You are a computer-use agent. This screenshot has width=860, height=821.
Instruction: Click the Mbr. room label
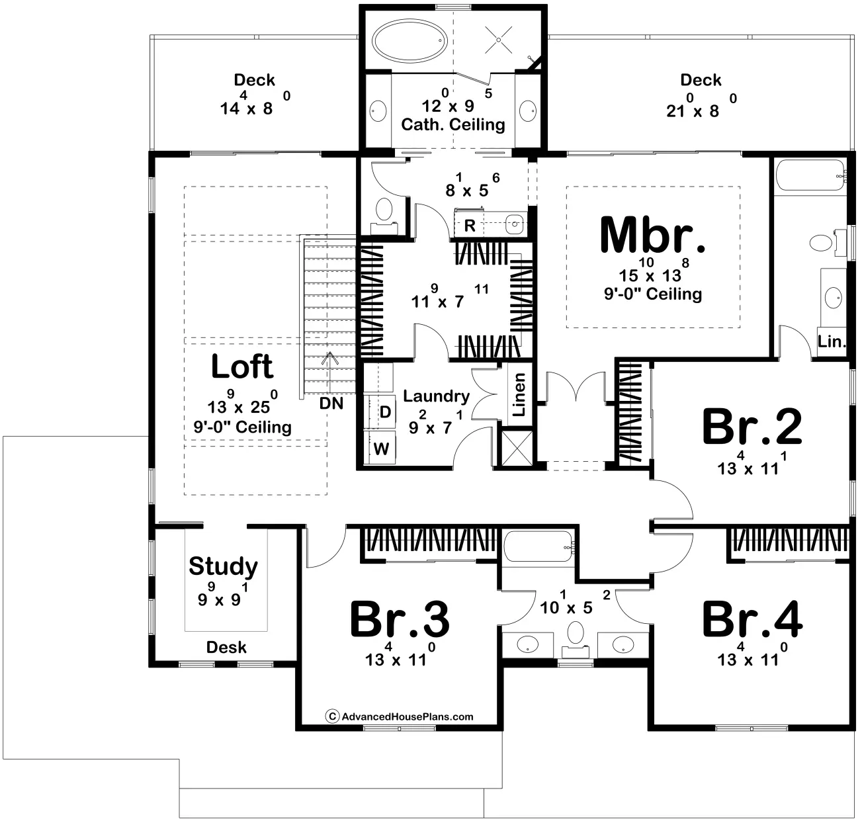pos(652,235)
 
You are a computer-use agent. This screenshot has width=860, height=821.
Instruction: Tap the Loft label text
pos(241,367)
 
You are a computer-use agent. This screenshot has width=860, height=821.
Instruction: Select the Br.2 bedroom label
pos(752,427)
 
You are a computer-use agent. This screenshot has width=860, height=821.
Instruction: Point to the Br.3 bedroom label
pos(400,619)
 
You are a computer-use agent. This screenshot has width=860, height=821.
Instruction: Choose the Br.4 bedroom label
pos(752,619)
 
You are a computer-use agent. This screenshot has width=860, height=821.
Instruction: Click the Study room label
pos(223,566)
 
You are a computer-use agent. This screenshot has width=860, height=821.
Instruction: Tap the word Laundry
pos(436,396)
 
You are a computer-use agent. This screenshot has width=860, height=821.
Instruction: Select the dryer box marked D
pos(385,412)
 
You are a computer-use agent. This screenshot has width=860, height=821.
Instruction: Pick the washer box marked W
pos(381,449)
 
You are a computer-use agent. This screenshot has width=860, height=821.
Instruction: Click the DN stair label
pos(331,403)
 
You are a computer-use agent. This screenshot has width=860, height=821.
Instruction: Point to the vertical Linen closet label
pos(519,395)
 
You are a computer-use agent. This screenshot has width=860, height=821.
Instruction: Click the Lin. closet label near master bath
pos(832,342)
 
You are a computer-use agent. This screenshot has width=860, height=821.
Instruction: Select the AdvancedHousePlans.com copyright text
pos(400,716)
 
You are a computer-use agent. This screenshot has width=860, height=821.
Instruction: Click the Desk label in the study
pos(226,648)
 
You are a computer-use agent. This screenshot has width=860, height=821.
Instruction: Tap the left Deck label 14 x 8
pos(255,80)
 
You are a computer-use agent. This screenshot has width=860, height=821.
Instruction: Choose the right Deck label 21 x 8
pos(701,80)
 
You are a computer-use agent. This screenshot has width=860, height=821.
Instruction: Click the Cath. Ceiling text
pos(453,124)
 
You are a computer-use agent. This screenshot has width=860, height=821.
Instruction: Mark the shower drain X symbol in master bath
pos(499,40)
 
